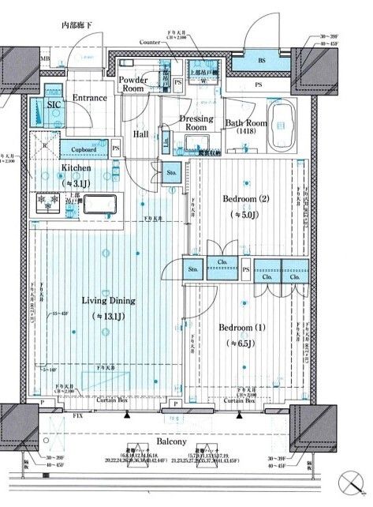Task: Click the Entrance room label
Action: [89, 98]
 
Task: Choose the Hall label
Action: [140, 134]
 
